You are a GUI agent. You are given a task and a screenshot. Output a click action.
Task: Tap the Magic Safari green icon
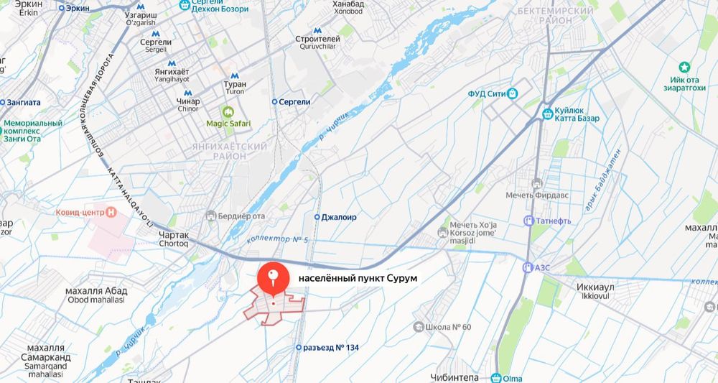tap(229, 111)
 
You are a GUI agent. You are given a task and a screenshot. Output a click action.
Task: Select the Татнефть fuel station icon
tap(529, 221)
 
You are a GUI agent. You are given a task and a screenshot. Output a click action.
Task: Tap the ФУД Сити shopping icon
tap(513, 93)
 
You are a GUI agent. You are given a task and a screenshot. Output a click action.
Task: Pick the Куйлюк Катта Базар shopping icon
tap(548, 113)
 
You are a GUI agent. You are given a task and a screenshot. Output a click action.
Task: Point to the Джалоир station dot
tap(317, 216)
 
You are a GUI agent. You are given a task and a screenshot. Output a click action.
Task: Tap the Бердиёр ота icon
tap(210, 216)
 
